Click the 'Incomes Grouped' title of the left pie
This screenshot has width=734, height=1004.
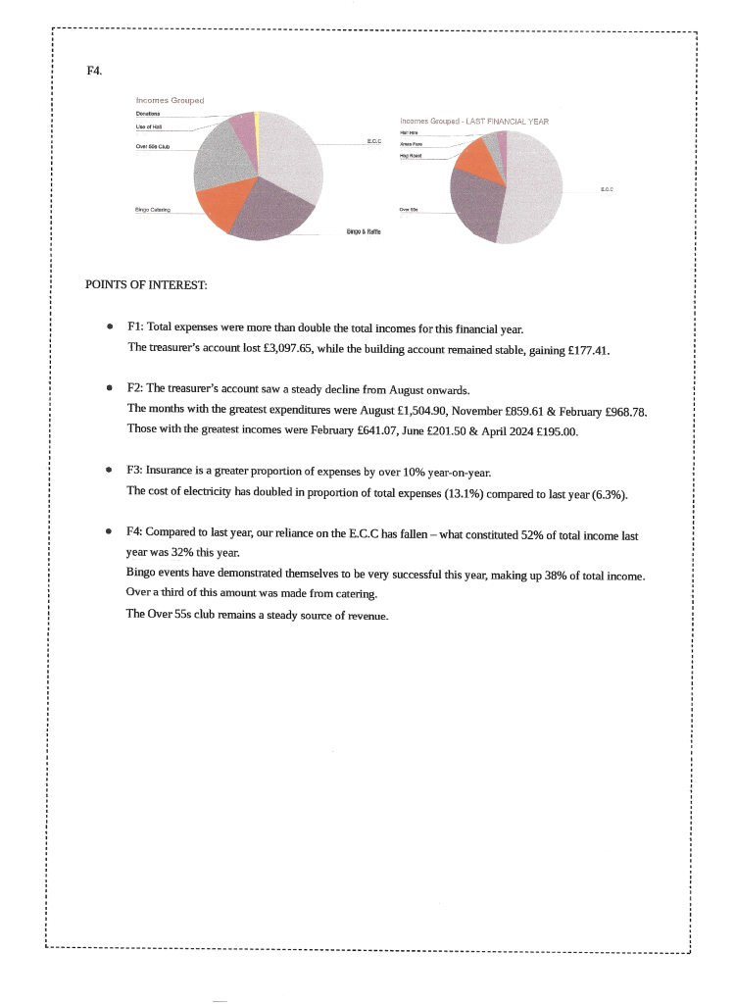[170, 100]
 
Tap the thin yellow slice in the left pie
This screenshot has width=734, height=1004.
[257, 127]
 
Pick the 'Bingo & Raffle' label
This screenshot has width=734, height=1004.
[364, 231]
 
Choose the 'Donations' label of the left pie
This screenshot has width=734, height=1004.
[148, 115]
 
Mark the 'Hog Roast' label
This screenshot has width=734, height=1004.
[411, 155]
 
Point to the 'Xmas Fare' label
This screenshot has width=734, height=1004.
[411, 143]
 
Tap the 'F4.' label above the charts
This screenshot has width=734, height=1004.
[94, 71]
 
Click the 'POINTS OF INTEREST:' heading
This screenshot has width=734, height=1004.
[146, 285]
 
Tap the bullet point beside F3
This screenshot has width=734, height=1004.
[110, 471]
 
